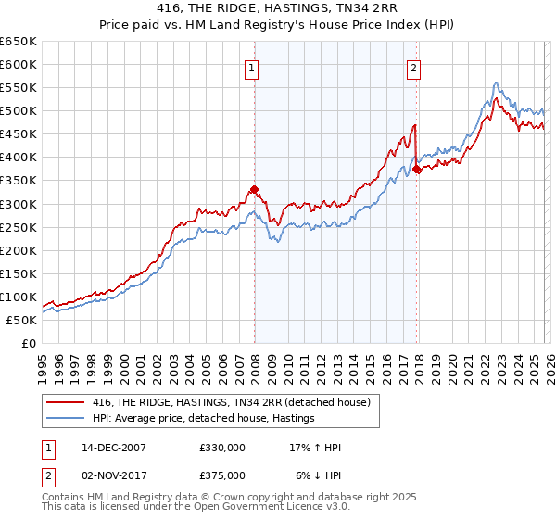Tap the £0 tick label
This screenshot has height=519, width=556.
pos(29,343)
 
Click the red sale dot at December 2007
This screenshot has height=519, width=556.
pos(254,190)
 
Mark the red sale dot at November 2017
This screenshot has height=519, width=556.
pos(417,169)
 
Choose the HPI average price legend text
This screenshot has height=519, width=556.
pos(204,419)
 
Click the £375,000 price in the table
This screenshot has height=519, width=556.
pos(222,475)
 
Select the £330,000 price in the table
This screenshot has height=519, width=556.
pos(222,448)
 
